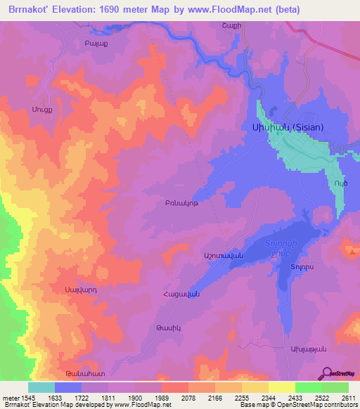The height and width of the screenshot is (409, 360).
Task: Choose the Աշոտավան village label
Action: pos(224,257)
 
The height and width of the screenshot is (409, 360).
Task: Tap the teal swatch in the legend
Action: pos(41,387)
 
